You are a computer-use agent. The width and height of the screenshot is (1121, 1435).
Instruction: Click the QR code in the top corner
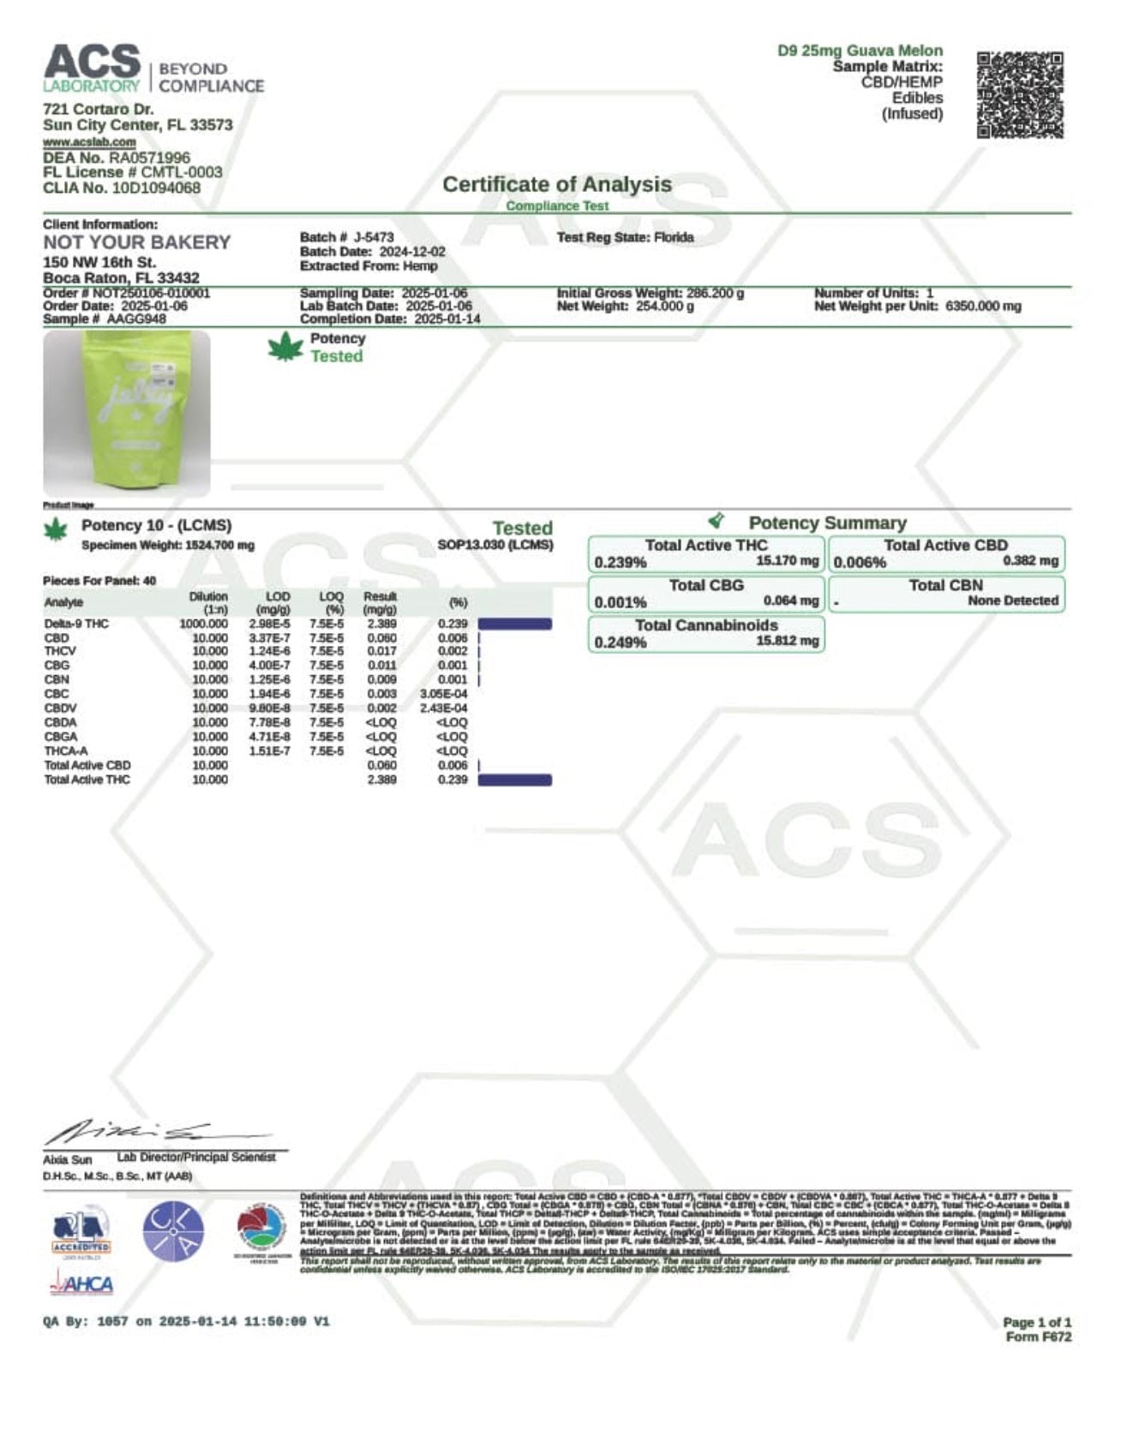pos(1020,95)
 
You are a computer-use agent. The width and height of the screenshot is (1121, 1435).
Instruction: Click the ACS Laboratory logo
pos(153,69)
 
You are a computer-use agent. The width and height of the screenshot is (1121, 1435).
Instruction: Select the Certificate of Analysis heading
pos(556,184)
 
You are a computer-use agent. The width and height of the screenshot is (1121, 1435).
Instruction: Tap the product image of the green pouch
pos(127,413)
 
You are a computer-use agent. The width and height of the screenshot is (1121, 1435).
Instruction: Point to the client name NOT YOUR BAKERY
pos(137,242)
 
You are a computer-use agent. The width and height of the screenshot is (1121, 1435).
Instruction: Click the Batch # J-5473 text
pos(347,237)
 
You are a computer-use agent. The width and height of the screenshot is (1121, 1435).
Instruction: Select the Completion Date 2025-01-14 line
pos(390,319)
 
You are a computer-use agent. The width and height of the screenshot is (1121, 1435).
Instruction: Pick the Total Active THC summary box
pos(706,553)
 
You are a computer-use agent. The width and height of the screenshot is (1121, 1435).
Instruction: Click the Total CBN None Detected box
pos(946,593)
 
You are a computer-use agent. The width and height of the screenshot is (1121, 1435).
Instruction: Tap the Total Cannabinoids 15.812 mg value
pos(788,641)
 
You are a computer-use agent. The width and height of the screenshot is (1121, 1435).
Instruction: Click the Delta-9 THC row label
pos(76,624)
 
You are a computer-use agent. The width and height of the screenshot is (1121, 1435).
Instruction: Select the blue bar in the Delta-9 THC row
pos(514,624)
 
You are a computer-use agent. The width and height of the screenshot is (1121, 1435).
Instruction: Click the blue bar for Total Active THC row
pos(514,780)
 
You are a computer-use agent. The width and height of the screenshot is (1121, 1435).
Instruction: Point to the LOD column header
pos(278,596)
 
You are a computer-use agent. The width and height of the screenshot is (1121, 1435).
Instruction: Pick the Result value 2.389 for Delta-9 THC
pos(381,624)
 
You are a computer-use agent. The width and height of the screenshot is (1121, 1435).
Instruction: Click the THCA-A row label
pos(66,751)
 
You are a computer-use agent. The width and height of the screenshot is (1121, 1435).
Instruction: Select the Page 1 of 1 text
pos(1036,1322)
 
